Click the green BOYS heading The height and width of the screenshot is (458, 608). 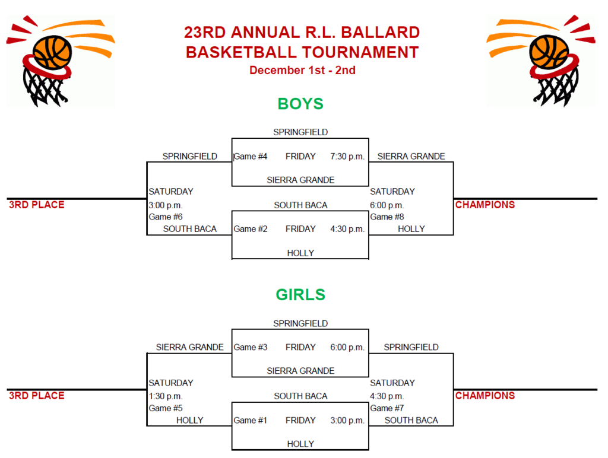point(300,104)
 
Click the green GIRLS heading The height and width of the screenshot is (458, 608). point(300,294)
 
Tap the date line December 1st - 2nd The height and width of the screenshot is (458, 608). point(302,70)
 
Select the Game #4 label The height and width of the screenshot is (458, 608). point(251,157)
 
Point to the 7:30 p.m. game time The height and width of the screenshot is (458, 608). point(347,157)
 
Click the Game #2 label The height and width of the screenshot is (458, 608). point(251,229)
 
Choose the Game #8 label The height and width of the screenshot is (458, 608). point(387,217)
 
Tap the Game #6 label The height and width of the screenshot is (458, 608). point(166,217)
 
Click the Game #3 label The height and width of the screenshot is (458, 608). point(251,347)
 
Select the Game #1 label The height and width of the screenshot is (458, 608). point(251,421)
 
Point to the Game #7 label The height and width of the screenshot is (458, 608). point(387,408)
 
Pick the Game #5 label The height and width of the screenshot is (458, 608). point(166,408)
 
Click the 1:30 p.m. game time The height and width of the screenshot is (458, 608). point(166,396)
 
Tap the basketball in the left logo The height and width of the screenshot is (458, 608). point(52,52)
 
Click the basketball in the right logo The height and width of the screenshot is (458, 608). point(549,52)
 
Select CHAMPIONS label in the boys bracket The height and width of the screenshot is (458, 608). point(485,205)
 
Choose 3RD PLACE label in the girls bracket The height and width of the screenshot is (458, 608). point(37,396)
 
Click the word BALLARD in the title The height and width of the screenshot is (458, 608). point(381,33)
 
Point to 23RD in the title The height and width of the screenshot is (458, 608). point(205,33)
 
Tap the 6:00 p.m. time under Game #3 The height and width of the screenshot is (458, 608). point(347,347)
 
